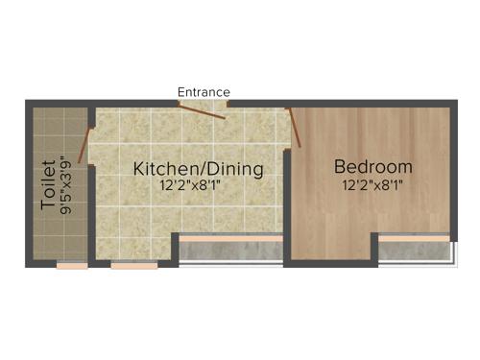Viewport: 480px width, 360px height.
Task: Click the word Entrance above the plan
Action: [204, 92]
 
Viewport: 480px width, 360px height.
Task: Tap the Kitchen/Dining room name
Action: [198, 169]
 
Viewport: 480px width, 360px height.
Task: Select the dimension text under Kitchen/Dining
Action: [198, 188]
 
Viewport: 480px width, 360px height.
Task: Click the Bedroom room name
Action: [373, 166]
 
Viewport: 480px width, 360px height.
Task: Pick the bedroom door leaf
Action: [295, 128]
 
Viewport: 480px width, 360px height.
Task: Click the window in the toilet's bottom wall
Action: [72, 265]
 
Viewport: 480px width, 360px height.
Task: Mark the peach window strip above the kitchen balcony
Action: [230, 237]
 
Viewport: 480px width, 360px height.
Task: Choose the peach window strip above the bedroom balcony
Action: [414, 237]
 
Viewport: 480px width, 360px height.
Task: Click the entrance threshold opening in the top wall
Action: [204, 104]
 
